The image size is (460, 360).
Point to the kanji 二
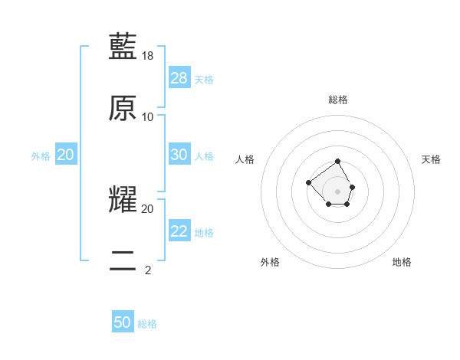123,260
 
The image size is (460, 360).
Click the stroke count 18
148,56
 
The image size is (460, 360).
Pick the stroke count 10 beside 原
148,117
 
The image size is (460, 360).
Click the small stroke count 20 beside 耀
148,208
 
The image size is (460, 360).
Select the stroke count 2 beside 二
148,270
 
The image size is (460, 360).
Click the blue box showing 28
179,78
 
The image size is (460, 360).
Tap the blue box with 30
179,155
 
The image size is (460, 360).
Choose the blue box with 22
179,231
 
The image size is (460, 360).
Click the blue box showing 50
123,322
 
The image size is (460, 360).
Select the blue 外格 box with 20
66,155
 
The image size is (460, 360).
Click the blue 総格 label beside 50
147,324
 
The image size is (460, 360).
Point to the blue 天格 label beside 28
204,80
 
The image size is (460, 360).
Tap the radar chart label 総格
338,100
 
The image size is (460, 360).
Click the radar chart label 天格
431,159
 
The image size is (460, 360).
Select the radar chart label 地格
402,262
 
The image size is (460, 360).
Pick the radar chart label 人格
245,159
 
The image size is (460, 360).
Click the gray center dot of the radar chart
338,191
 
